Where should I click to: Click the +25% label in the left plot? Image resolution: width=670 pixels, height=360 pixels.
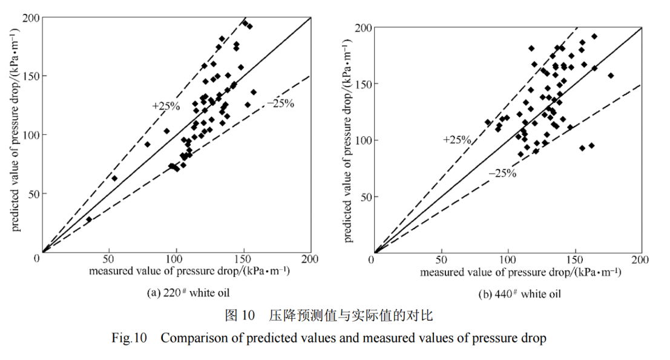[166, 106]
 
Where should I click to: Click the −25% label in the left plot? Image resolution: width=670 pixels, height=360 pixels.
[280, 103]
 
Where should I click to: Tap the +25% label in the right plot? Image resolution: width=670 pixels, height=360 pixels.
[457, 140]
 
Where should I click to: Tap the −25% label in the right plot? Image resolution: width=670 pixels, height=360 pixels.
[502, 174]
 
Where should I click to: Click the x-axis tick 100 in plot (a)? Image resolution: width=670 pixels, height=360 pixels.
[176, 260]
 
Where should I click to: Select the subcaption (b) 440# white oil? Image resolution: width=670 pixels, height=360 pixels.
[520, 294]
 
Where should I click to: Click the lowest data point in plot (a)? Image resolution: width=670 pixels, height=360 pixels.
[89, 220]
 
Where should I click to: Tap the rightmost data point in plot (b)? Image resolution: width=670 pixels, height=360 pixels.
[611, 76]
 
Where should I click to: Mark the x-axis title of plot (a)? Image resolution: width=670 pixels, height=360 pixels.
[189, 272]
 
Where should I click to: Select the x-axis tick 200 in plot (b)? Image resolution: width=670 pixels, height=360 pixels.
[640, 260]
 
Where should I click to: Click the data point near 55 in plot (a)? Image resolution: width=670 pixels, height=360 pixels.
[114, 178]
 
